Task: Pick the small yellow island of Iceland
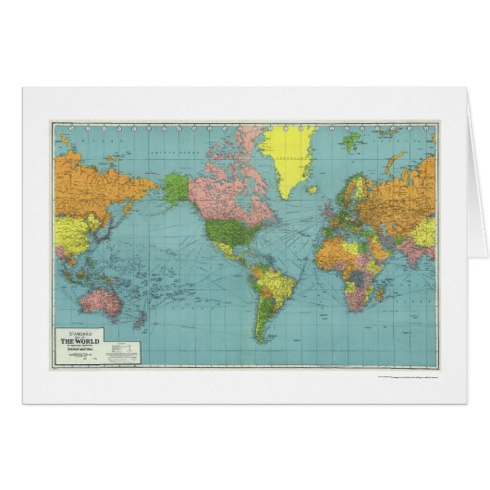(x=324, y=181)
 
